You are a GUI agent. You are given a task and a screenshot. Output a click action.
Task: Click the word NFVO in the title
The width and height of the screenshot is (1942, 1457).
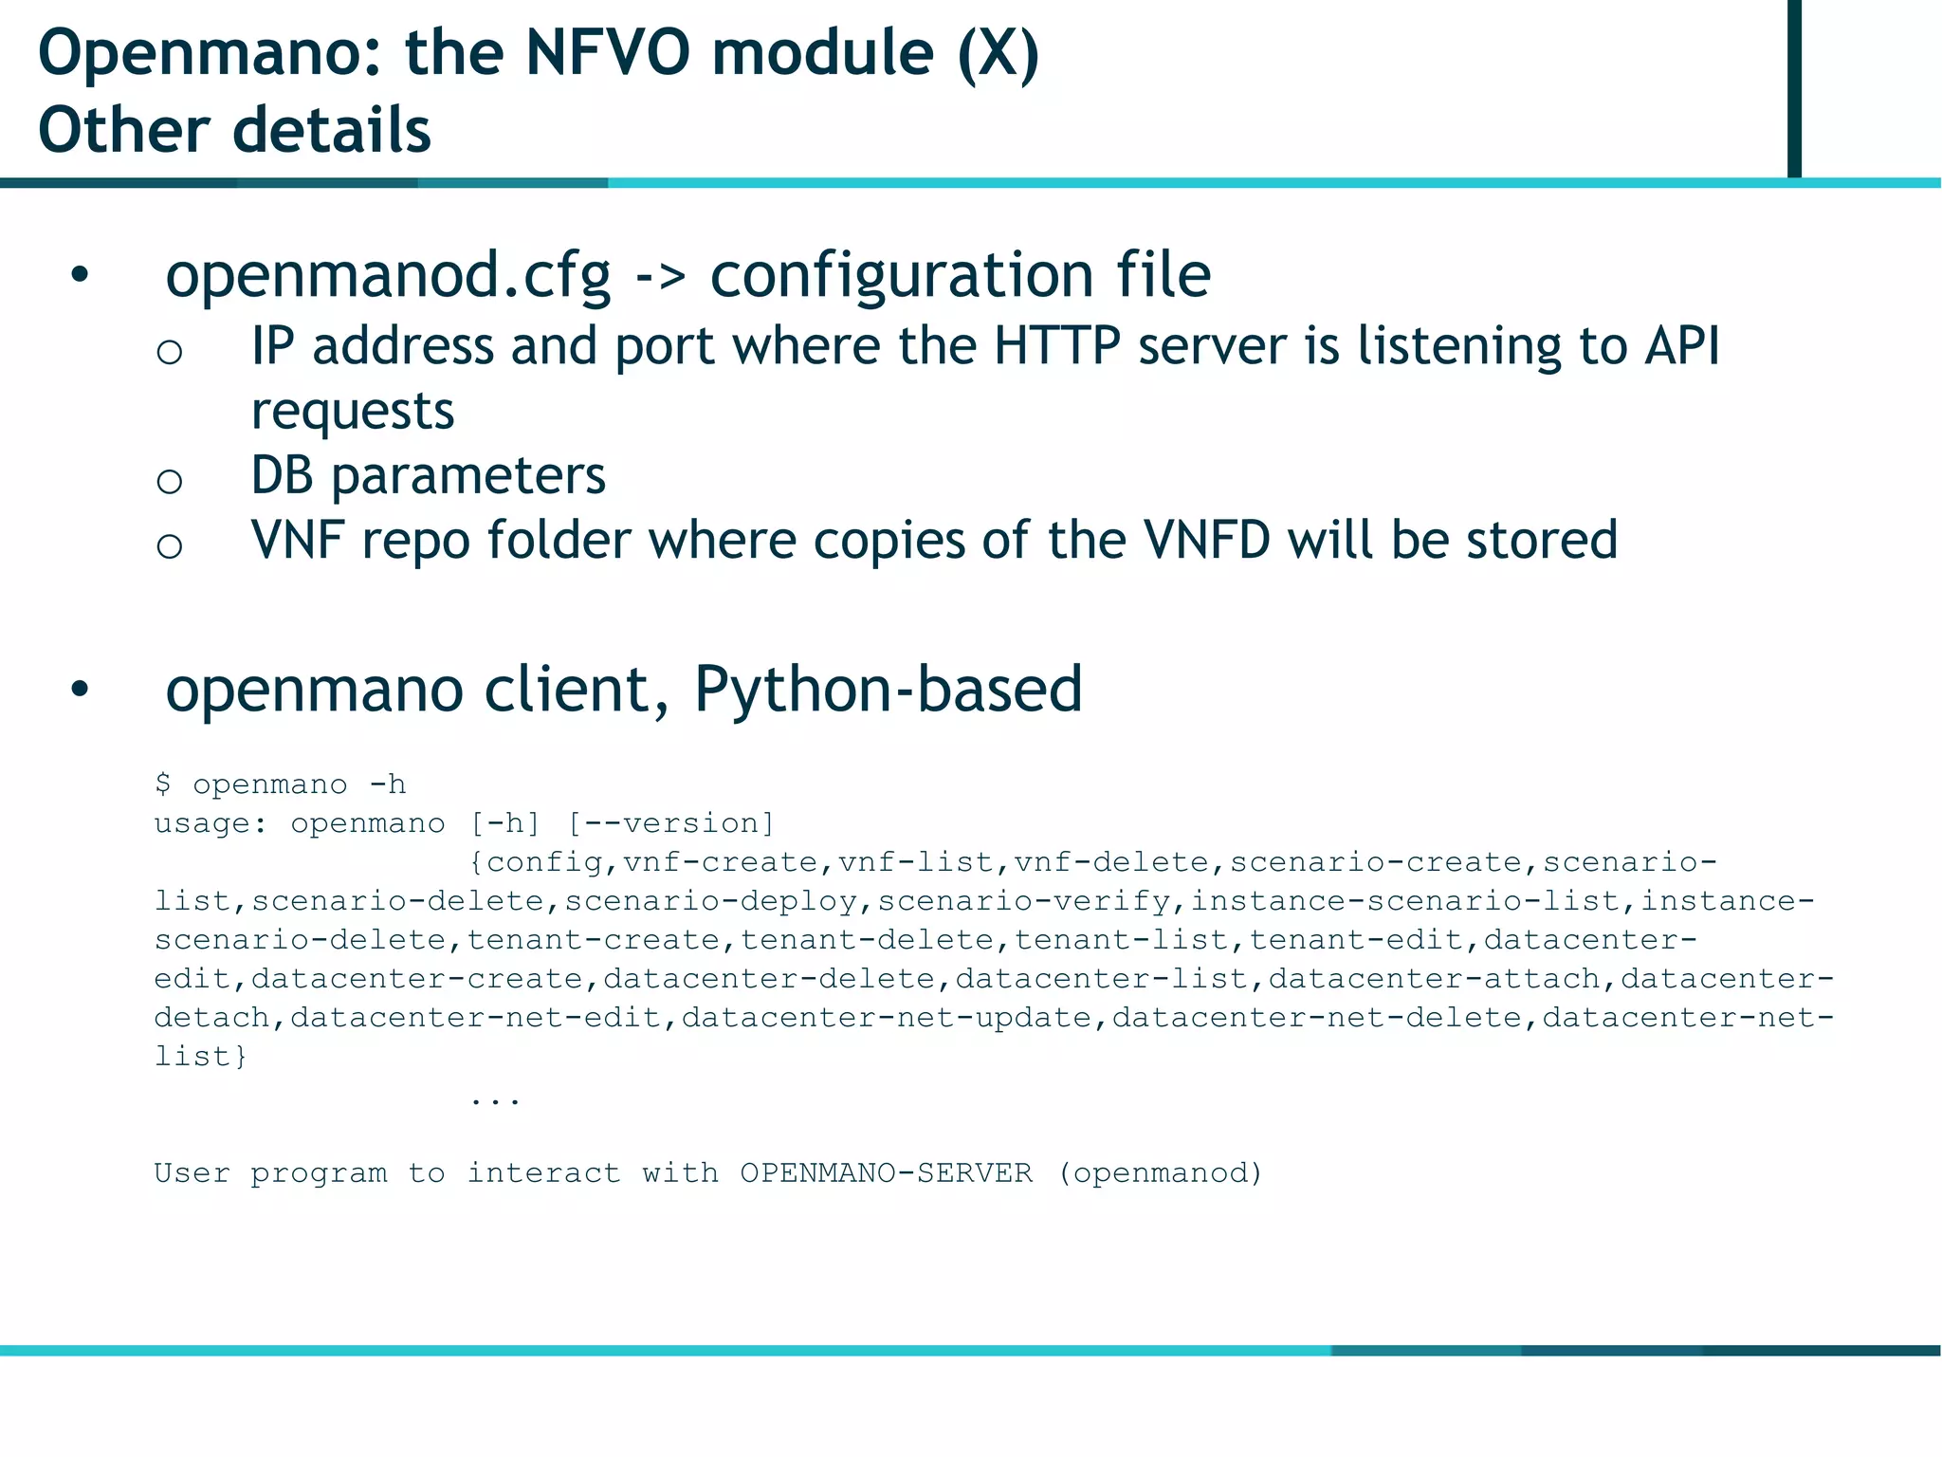tap(607, 53)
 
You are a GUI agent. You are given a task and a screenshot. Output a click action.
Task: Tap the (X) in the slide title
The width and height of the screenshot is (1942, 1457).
tap(998, 53)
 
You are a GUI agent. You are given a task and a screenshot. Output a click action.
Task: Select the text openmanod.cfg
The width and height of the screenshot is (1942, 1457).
tap(388, 275)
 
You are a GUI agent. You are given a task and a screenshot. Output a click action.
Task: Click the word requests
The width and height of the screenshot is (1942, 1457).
tap(353, 412)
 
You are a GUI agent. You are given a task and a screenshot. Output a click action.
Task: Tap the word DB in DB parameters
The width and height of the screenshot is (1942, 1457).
tap(282, 475)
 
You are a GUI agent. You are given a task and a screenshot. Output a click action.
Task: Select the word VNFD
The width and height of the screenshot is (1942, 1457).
tap(1206, 541)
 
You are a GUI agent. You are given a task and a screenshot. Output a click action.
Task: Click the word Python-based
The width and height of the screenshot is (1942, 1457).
tap(888, 689)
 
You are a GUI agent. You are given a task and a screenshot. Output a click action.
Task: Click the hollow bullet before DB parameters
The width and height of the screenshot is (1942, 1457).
tap(170, 482)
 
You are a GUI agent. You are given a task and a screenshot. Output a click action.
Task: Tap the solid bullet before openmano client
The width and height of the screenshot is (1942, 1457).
tap(80, 691)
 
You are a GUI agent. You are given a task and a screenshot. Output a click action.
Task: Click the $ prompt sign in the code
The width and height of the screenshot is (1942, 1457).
tap(163, 784)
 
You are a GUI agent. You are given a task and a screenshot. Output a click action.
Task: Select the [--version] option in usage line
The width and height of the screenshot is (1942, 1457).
tap(671, 823)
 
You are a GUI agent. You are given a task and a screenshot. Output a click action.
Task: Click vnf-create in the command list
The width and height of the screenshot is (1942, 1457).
tap(720, 862)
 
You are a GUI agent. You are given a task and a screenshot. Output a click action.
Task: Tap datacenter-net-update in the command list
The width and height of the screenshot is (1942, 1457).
tap(887, 1018)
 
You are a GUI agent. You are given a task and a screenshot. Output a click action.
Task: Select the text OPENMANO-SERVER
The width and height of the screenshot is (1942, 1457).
tap(886, 1173)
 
